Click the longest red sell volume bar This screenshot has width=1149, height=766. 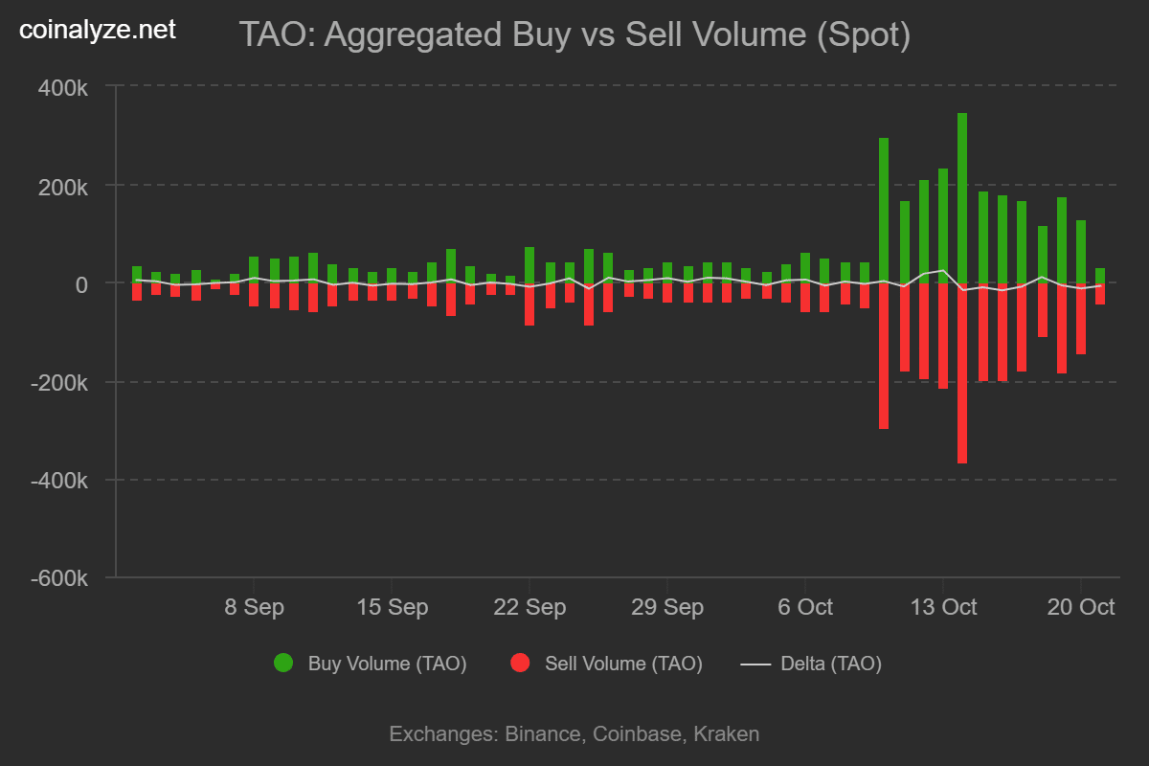[x=962, y=373]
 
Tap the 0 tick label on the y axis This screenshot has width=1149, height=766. [x=82, y=284]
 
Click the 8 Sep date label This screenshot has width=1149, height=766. [x=254, y=607]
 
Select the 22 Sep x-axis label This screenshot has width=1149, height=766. [x=529, y=607]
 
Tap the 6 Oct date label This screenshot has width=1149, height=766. [x=804, y=607]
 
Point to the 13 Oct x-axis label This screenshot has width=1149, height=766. [x=942, y=607]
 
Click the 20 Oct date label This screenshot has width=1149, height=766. [x=1080, y=607]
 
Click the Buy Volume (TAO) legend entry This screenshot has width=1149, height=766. [x=387, y=664]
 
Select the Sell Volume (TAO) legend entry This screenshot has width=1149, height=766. [x=623, y=664]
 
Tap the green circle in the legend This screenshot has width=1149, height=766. [x=283, y=663]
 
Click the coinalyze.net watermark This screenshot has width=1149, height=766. [x=98, y=31]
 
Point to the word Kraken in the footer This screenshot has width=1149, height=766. [x=726, y=734]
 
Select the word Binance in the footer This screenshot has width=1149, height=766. [x=542, y=734]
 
